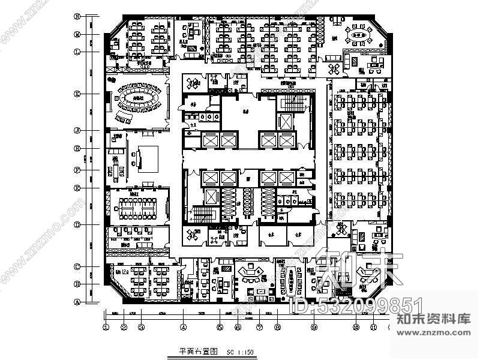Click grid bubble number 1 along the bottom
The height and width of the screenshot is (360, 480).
coord(106,328)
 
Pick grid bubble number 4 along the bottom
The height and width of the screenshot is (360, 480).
coord(184,328)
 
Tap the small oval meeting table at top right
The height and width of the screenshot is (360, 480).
coord(360,37)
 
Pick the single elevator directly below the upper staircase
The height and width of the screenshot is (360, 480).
coord(286,122)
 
